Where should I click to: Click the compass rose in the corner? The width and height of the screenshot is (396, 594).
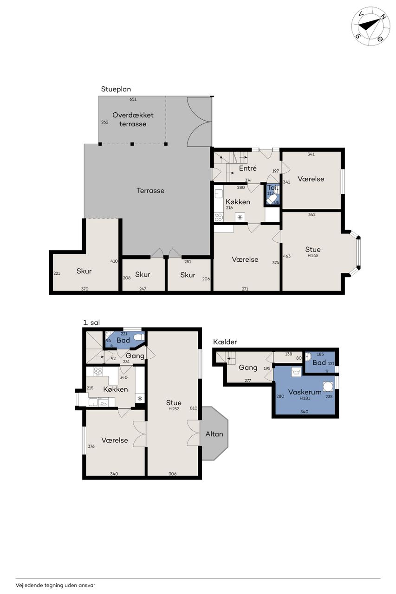click(371, 26)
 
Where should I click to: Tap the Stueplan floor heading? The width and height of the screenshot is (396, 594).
click(116, 90)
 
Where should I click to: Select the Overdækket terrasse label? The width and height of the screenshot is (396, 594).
click(133, 119)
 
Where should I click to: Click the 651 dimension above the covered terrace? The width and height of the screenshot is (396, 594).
click(133, 99)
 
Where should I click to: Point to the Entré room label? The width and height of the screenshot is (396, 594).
click(248, 168)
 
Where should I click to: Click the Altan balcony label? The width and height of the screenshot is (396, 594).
click(214, 434)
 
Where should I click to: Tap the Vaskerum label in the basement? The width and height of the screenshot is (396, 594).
click(305, 392)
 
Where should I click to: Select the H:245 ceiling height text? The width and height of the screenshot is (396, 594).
click(313, 256)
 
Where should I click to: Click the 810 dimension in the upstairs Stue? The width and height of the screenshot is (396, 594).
click(194, 408)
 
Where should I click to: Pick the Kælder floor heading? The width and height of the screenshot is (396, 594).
click(225, 342)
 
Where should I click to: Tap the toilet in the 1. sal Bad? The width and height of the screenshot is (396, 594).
click(138, 337)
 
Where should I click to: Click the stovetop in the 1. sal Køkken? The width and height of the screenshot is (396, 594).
click(98, 371)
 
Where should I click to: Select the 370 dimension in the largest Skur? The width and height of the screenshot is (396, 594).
click(84, 289)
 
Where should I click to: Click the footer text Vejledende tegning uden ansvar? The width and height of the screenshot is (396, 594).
click(55, 585)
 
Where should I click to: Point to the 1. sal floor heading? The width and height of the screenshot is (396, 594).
click(91, 323)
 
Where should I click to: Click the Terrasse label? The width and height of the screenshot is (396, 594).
click(150, 190)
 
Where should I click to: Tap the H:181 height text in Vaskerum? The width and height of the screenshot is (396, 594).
click(305, 398)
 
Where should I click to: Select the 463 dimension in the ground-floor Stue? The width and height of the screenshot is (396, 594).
click(287, 256)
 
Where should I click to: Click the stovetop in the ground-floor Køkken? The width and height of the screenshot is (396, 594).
click(218, 217)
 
